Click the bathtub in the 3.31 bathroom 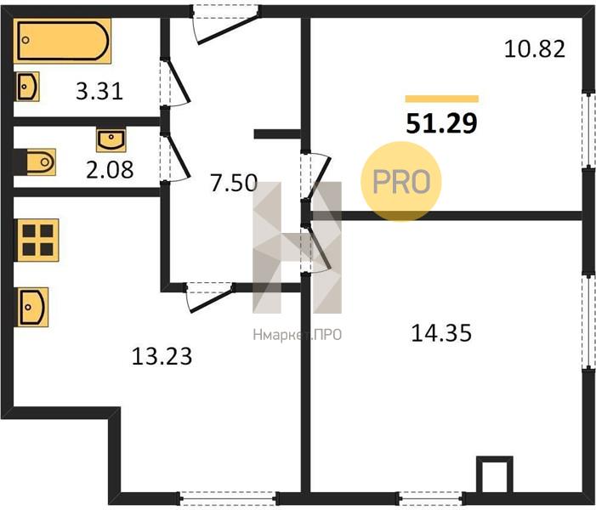[63, 41]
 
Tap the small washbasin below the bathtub [27, 87]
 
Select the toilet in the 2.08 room [41, 162]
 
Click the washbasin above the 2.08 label [111, 140]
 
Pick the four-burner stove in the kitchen [37, 241]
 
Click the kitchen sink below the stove [33, 307]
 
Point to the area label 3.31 [99, 92]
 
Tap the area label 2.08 [110, 169]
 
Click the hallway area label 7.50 [234, 183]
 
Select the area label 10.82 [535, 49]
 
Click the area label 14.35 [441, 333]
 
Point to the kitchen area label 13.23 [162, 356]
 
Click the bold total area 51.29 [441, 123]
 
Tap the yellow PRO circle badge [401, 182]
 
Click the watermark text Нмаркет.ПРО [298, 335]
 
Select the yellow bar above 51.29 [441, 99]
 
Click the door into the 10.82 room [316, 176]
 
